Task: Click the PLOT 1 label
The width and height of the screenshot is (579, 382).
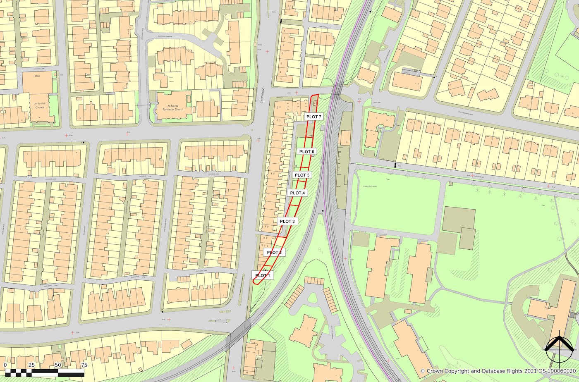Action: [x=263, y=275]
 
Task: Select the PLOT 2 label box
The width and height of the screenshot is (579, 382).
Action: [x=274, y=253]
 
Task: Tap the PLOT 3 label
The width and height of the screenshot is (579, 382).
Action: [x=287, y=222]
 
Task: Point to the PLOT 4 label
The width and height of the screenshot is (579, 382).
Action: [x=297, y=193]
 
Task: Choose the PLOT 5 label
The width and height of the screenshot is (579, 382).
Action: [x=302, y=175]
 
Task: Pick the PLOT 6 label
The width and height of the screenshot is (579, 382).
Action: [x=307, y=152]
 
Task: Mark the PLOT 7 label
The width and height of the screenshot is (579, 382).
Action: [x=314, y=117]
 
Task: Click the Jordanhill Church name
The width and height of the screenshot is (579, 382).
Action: [x=39, y=105]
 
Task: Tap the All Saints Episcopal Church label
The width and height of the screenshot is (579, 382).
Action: [x=173, y=107]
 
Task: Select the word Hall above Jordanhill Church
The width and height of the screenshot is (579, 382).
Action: [x=37, y=76]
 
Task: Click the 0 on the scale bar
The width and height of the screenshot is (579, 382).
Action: [x=5, y=365]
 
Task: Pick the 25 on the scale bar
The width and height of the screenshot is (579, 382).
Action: [x=31, y=365]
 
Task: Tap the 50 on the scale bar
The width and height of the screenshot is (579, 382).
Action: [x=57, y=365]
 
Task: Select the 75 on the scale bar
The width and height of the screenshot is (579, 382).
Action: [x=84, y=365]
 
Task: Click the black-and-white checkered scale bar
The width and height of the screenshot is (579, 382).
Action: [x=44, y=373]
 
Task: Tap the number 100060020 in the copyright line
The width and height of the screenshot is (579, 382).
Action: [x=561, y=371]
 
